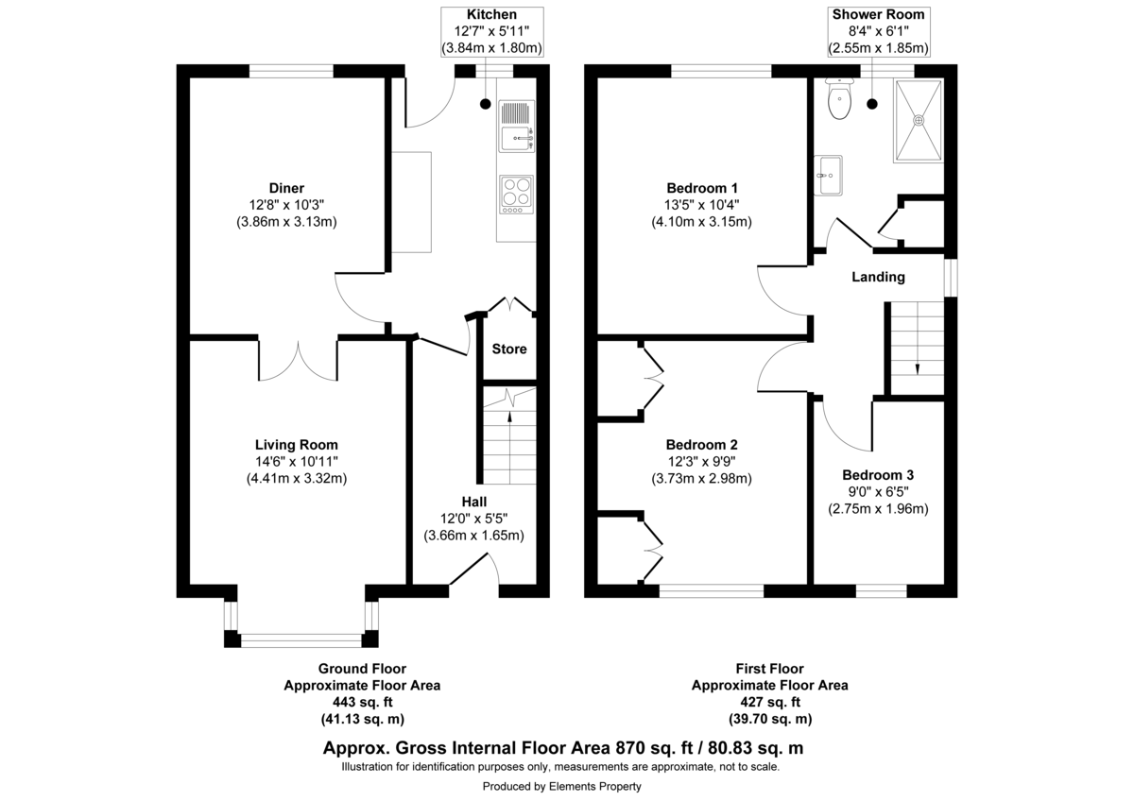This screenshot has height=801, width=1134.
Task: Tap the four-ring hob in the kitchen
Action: pos(517,193)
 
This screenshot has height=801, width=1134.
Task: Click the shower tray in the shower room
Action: pos(918,120)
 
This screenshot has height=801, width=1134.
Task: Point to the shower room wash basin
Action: pos(831,176)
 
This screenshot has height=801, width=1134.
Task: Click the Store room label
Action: pos(509,349)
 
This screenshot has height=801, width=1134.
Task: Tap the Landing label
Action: pos(878,277)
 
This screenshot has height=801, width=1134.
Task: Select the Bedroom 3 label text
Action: pos(878,475)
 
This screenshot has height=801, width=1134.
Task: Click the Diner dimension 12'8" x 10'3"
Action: pos(286,205)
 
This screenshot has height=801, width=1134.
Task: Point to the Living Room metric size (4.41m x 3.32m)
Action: pos(286,478)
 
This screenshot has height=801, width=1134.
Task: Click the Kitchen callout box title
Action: pos(491,14)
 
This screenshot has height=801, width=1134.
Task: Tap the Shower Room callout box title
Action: pos(878,14)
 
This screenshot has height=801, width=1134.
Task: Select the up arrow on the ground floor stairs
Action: pos(509,400)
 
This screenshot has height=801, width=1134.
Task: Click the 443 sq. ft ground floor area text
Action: pos(362,702)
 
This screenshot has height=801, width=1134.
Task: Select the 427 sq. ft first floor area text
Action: pos(769,702)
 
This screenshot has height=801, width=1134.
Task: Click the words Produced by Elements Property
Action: pos(561,786)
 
